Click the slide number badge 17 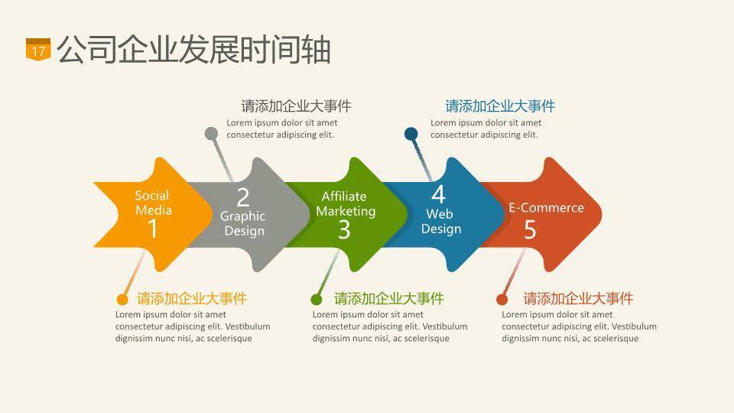tap(38, 50)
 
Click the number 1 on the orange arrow tap(152, 228)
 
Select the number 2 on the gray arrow tap(243, 197)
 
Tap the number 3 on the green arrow tap(344, 229)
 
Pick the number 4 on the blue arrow tap(438, 193)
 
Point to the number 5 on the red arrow tap(530, 229)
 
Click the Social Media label tap(153, 203)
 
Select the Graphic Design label tap(243, 223)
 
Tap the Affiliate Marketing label tap(346, 203)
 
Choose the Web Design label tap(441, 221)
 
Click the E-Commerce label tap(546, 207)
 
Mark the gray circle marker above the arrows tap(212, 134)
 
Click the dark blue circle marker tap(411, 134)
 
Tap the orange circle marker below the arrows tap(122, 299)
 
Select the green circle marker tap(317, 299)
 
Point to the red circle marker tap(502, 299)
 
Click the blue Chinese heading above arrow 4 tap(500, 106)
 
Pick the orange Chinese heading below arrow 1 tap(192, 298)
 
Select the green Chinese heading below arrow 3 tap(388, 298)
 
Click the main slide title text tap(193, 50)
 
